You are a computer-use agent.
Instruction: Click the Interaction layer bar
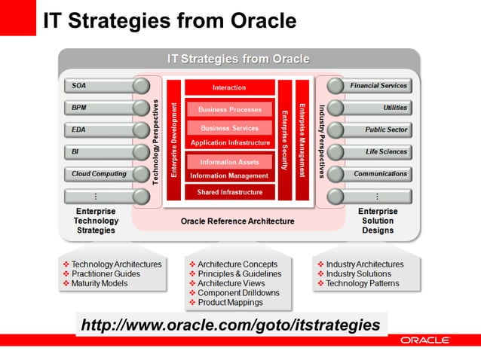[229, 87]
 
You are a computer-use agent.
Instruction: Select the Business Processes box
[229, 109]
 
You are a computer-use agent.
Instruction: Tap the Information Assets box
[229, 161]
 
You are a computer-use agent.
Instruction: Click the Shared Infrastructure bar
[229, 192]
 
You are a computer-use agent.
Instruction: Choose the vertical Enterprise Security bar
[285, 140]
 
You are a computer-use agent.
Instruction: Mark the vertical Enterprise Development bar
[173, 140]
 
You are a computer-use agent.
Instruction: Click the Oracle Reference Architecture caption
[237, 221]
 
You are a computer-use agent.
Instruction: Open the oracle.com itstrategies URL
[230, 325]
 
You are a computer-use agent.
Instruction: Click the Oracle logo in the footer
[424, 340]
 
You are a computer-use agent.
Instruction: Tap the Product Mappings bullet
[230, 302]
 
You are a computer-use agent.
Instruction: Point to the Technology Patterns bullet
[363, 284]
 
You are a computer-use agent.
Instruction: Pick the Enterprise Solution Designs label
[378, 221]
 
